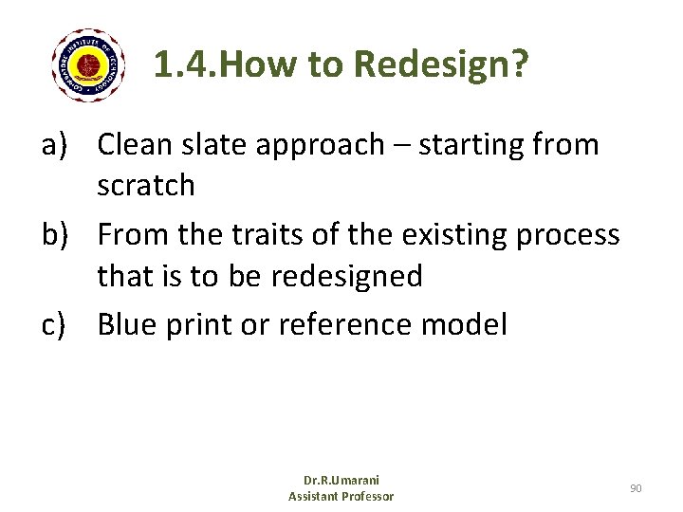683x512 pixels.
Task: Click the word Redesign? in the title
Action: [x=441, y=65]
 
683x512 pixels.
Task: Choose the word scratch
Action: [x=145, y=186]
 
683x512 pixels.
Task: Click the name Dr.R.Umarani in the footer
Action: [x=341, y=481]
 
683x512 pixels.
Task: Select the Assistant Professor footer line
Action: [x=341, y=497]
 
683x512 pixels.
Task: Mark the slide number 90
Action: [x=636, y=488]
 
